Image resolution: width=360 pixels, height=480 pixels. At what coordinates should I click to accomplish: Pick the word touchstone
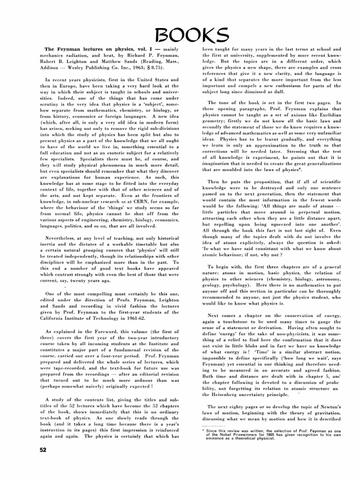coord(233,322)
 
